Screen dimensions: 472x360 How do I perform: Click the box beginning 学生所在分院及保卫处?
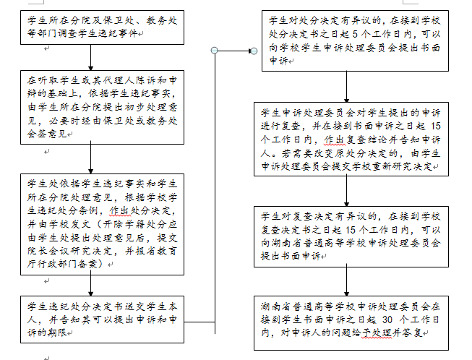[x=102, y=27]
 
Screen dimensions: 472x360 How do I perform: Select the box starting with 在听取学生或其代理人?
[x=102, y=107]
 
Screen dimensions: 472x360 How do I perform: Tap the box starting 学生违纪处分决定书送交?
[x=102, y=320]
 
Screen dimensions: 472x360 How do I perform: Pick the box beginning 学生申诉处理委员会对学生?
[x=351, y=139]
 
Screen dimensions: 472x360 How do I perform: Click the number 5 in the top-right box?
[x=355, y=34]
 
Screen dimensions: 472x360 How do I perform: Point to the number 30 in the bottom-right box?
[x=387, y=320]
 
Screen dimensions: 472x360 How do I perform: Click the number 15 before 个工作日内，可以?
[x=351, y=230]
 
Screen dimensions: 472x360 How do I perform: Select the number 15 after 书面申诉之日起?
[x=436, y=126]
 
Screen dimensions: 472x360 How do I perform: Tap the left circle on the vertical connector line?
[x=215, y=51]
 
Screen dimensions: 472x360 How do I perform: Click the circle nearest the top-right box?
[x=254, y=51]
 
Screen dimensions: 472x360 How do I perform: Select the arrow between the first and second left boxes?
[x=90, y=58]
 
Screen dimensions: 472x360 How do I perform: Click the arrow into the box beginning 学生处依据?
[x=90, y=158]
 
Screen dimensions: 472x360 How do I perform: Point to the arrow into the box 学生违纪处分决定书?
[x=90, y=283]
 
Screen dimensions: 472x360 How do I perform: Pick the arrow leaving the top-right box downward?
[x=346, y=87]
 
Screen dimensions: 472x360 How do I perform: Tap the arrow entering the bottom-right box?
[x=346, y=280]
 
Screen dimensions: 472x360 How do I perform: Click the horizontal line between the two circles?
[x=234, y=51]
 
